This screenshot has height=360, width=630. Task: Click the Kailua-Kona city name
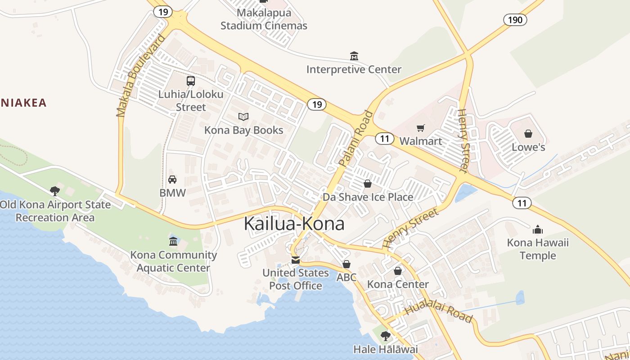coord(294,224)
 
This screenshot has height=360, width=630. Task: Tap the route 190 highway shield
coord(515,19)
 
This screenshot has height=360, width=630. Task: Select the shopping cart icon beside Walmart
coord(421,128)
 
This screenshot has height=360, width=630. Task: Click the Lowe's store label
coord(528,147)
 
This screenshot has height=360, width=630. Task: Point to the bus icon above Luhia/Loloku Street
coord(191,81)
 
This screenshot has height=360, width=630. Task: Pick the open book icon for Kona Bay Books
coord(243,117)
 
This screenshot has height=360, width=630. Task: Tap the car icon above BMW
coord(172,180)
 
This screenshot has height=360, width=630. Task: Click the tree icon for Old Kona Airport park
coord(55,191)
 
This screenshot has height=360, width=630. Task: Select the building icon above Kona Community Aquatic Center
coord(173,241)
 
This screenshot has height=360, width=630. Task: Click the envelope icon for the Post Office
coord(296,260)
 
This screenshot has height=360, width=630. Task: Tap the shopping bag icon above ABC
coord(346,264)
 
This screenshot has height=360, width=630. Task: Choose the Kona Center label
coord(398,284)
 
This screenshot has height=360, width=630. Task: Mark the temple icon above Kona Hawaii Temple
coord(538,230)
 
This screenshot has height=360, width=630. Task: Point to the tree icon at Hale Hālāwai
coord(385,336)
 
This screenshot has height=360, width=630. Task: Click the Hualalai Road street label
coord(439,314)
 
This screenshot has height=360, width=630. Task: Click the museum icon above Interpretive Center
coord(354,56)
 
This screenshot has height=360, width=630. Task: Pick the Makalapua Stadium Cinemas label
coord(264,19)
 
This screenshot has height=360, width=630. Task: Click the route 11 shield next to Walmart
coord(384,139)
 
